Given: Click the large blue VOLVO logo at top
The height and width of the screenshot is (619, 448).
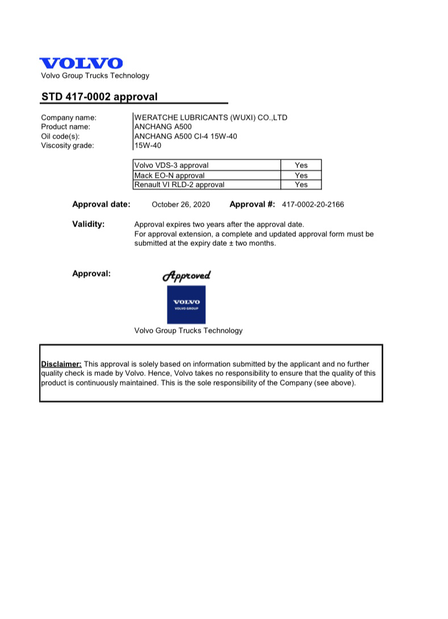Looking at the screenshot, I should coord(81,64).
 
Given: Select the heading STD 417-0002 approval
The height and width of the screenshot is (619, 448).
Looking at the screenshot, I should coord(99,97).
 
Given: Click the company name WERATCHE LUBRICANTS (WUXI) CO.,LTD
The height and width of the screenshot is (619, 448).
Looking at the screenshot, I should coord(211,118).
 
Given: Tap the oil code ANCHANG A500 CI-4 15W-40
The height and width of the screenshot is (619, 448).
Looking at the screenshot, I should coord(185,136).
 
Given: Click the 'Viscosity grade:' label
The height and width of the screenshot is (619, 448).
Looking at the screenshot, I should coord(68,145).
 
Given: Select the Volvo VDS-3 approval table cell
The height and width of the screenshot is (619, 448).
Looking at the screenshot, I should coord(207,165).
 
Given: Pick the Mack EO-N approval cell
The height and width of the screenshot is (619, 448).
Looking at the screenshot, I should coord(207,175).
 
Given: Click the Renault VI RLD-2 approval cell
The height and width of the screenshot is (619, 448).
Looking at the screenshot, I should coord(207,185).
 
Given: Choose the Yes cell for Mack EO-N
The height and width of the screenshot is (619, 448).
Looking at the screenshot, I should coord(301,175).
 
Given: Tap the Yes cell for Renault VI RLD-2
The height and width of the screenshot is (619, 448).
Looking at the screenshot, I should coord(301,185).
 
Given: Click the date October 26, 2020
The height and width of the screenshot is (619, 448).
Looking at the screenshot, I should coord(181,204).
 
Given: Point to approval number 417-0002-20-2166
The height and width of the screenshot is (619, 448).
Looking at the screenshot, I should coord(312,204).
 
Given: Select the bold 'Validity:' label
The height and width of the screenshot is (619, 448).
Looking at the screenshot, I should coord(89,224).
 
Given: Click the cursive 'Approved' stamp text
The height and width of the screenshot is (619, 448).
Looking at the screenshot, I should coord(186,275).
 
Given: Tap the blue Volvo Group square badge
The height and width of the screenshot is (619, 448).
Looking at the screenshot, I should coord(186,304).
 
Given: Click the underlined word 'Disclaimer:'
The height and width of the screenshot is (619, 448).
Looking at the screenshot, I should coord(61,364).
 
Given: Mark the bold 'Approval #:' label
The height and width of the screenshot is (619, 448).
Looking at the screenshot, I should coord(252,204).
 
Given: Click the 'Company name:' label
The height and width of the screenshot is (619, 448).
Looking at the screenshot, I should coord(69,118).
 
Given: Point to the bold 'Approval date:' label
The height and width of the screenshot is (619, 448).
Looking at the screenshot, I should coord(101,204).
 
